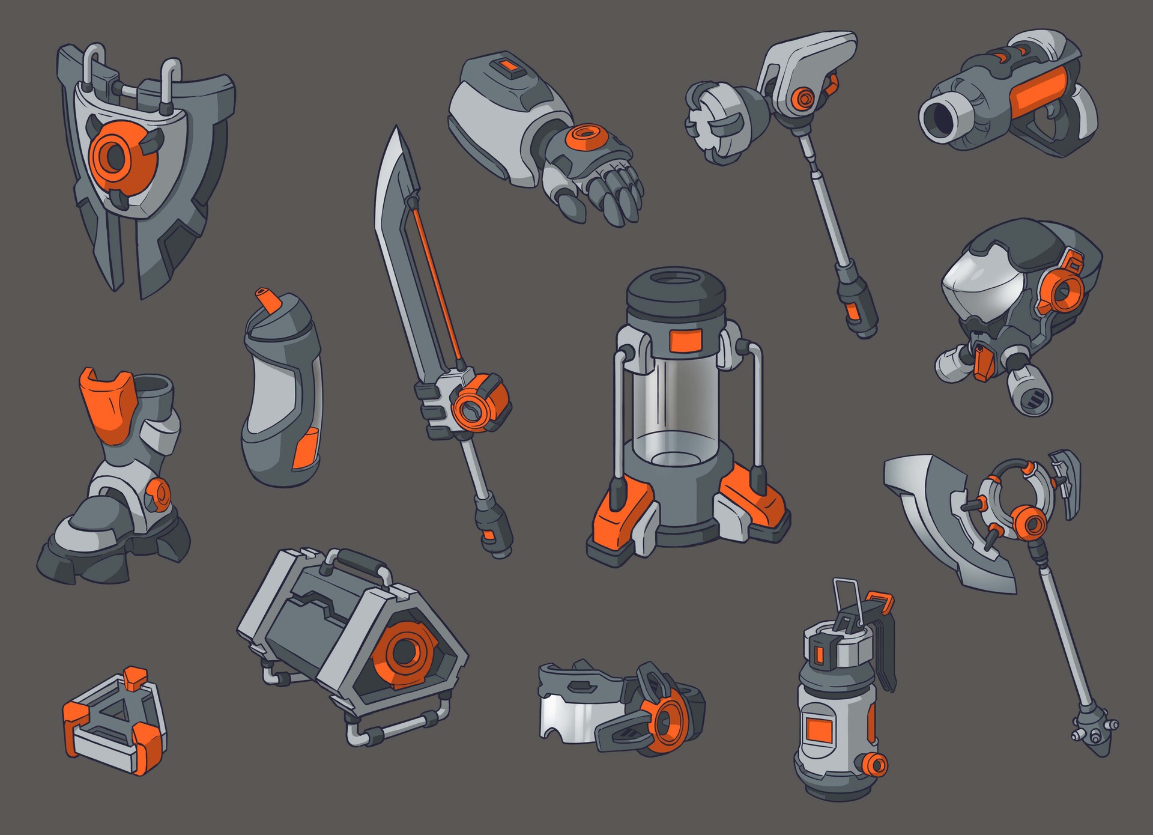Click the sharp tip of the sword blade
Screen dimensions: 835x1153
[395, 133]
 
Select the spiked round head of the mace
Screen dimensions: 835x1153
[715, 123]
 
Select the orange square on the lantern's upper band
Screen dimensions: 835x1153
[685, 341]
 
